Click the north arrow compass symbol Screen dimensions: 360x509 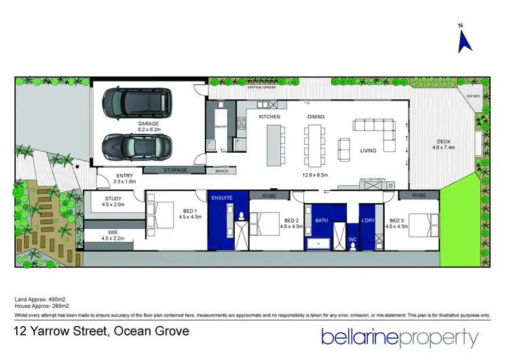pos(466,41)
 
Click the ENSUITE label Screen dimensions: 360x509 pos(222,198)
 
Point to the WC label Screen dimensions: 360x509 pos(352,239)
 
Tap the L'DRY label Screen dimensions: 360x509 pos(368,221)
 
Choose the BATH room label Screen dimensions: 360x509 pos(321,221)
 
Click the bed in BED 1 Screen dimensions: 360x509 pos(162,216)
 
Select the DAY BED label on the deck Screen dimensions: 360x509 pos(471,96)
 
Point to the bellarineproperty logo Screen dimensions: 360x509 pos(400,336)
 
